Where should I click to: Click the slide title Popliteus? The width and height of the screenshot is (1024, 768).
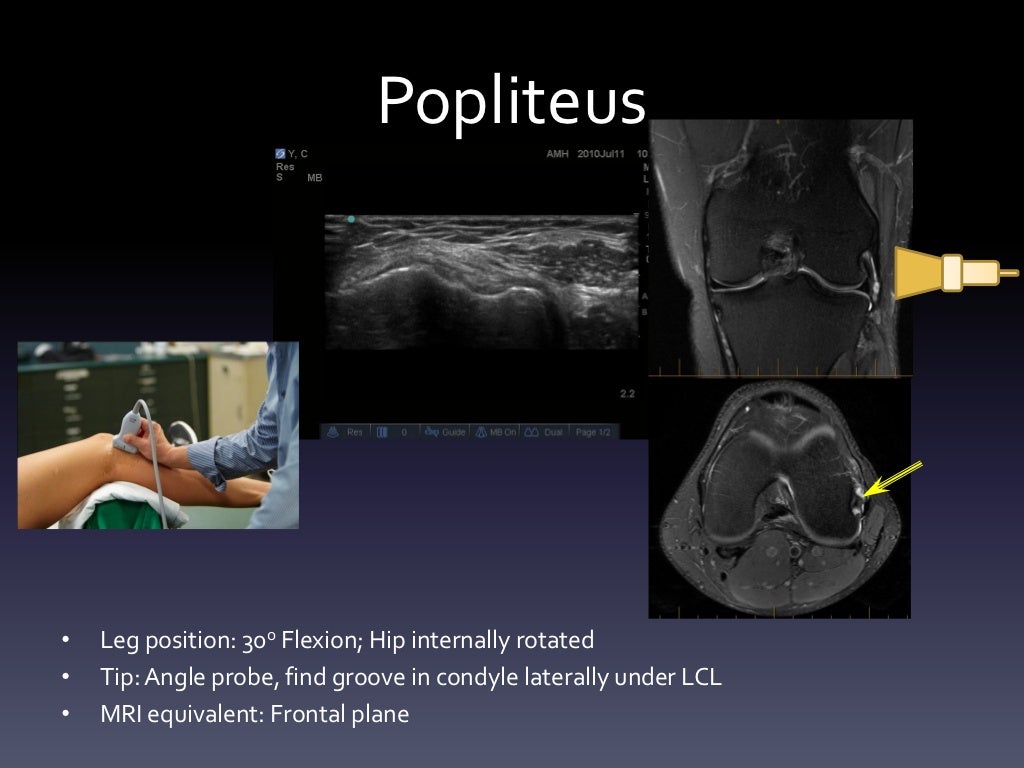click(x=512, y=101)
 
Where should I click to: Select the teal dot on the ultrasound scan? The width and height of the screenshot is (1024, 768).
click(x=350, y=219)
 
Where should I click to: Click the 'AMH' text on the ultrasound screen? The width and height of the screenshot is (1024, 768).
click(x=557, y=154)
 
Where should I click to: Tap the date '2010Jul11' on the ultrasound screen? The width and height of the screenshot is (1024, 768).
click(x=599, y=154)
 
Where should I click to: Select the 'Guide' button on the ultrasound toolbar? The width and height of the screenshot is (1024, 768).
click(x=447, y=432)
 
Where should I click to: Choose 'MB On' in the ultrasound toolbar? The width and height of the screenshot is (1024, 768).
click(x=496, y=432)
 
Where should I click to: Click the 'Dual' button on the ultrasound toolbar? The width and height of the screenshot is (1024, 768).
click(x=546, y=432)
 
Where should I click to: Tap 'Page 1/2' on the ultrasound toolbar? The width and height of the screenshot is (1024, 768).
click(x=592, y=432)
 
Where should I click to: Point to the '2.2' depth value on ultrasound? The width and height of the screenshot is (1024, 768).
click(x=627, y=394)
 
